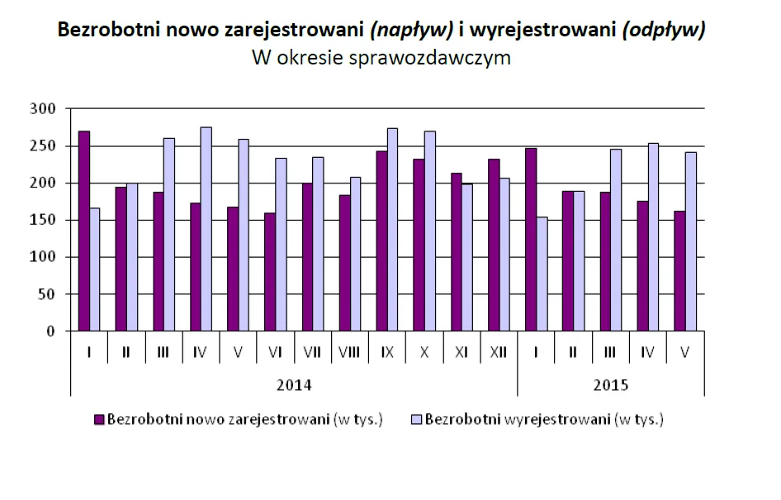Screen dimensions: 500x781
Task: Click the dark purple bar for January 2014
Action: pos(83,231)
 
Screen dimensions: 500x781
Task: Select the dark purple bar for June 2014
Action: pos(269,273)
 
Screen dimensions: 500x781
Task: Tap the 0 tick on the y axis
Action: pos(50,331)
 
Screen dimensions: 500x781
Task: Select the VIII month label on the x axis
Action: pos(349,353)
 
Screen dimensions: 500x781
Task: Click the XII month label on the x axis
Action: pos(498,353)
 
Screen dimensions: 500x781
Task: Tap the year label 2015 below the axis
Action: pos(610,385)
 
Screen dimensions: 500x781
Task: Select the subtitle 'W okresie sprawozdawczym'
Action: pos(381,59)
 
